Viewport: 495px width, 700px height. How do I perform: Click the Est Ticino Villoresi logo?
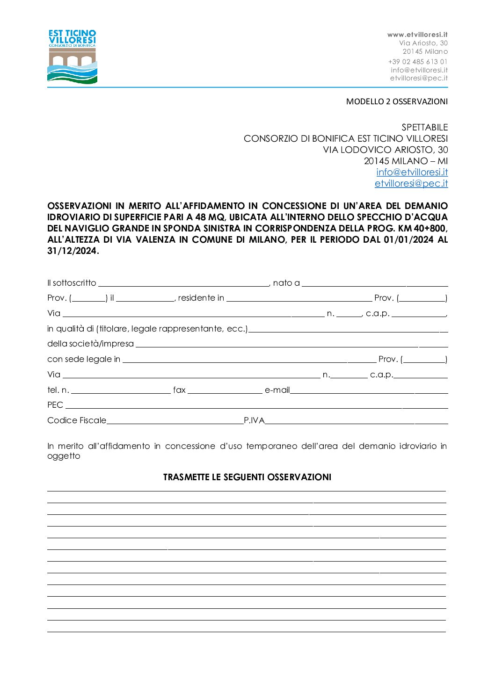[x=72, y=57]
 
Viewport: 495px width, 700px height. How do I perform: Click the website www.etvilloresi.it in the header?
[x=417, y=35]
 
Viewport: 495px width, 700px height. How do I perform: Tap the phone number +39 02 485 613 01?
[x=418, y=62]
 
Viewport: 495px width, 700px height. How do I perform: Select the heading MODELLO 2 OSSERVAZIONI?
[x=397, y=101]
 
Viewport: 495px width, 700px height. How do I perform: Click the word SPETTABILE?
[x=424, y=127]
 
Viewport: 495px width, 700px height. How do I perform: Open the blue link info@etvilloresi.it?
[x=412, y=172]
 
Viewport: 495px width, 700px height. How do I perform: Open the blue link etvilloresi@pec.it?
[x=411, y=183]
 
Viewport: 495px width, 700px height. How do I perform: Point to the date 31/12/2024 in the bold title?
[x=72, y=251]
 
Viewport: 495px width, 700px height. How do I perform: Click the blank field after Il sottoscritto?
[x=183, y=283]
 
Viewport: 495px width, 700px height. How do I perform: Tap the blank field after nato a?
[x=375, y=283]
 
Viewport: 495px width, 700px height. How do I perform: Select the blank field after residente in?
[x=299, y=298]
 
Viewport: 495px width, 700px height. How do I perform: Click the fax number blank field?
[x=225, y=390]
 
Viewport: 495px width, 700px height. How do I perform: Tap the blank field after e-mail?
[x=369, y=390]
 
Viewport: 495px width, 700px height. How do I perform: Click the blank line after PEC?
[x=256, y=405]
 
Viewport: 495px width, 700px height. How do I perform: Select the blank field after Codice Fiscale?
[x=175, y=421]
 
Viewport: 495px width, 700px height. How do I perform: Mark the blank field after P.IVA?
[x=356, y=421]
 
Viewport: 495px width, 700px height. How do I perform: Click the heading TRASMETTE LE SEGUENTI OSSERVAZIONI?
[x=247, y=477]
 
